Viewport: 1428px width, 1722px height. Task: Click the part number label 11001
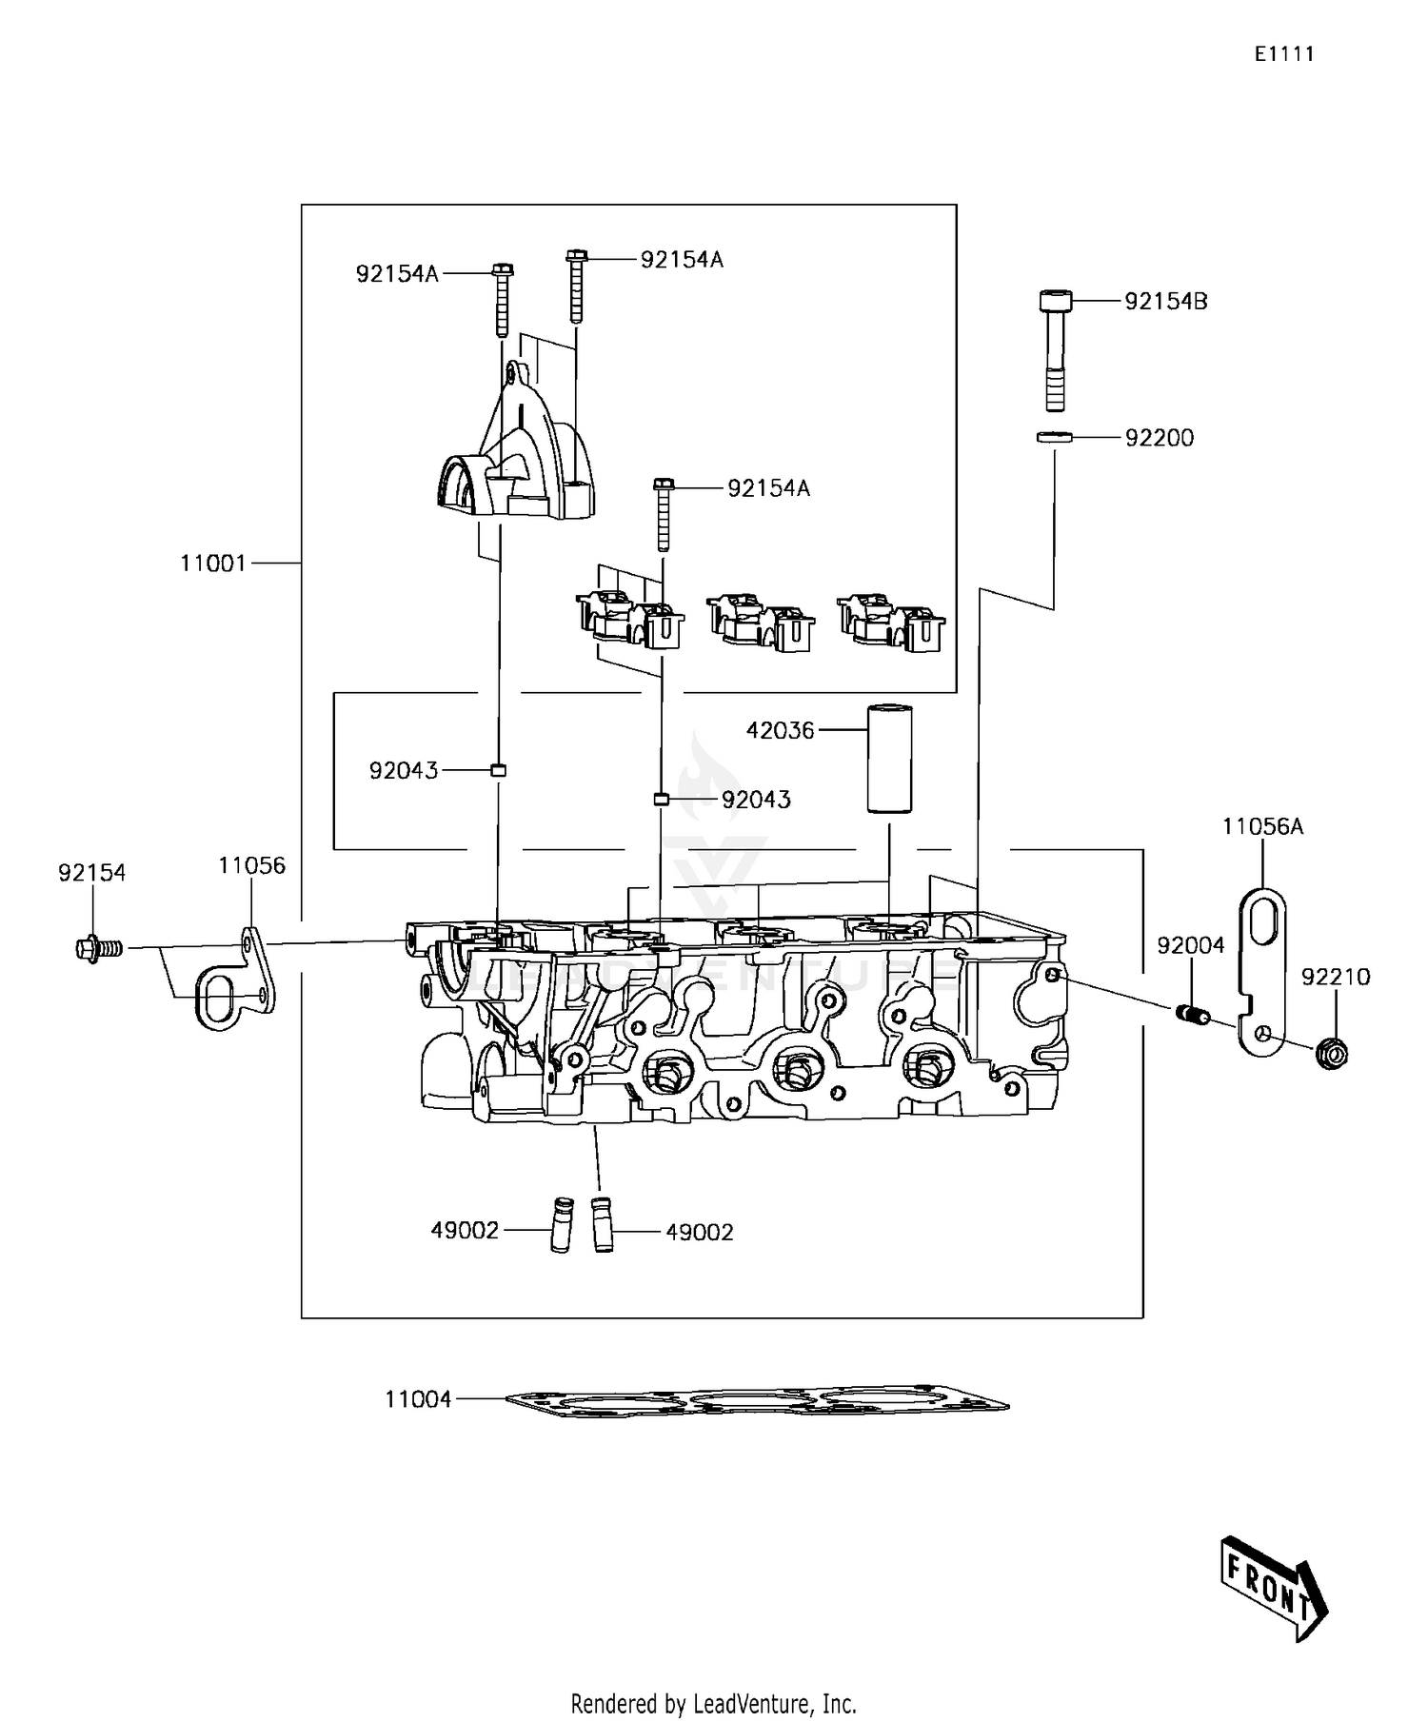(212, 564)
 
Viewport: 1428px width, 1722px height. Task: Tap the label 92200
(1159, 438)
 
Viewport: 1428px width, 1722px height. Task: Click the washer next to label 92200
(1054, 438)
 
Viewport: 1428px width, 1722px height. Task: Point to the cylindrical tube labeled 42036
(888, 758)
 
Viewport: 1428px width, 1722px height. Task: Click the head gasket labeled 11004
(757, 1402)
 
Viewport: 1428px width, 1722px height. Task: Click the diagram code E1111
(1283, 54)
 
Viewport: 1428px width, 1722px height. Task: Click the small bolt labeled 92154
(98, 948)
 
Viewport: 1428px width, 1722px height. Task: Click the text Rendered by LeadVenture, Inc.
(713, 1703)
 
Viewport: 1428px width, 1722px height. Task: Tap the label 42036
(780, 730)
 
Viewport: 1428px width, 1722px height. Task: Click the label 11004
(417, 1399)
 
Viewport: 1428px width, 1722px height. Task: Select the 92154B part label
(1165, 302)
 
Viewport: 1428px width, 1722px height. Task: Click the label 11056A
(1262, 826)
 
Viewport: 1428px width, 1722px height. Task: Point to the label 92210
(1336, 977)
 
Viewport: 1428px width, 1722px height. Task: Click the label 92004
(1190, 945)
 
